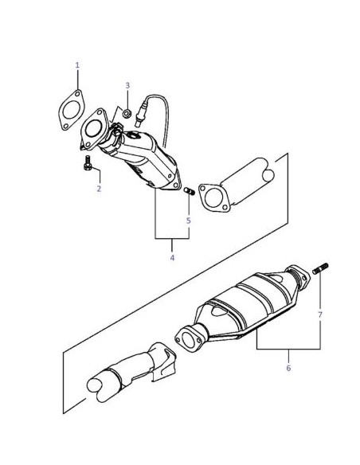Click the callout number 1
coord(77,65)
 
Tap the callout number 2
coord(99,189)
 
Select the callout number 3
coord(127,85)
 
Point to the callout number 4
coord(172,258)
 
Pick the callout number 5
coord(188,221)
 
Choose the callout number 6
coord(288,368)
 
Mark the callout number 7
coord(320,315)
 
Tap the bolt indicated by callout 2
coord(88,162)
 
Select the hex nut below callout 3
coord(127,113)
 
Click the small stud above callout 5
coord(190,191)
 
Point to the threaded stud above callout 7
coord(320,268)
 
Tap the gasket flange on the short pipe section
coord(214,197)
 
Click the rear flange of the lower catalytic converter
coord(299,276)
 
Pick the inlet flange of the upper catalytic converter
coord(94,129)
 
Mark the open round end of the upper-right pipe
coord(268,175)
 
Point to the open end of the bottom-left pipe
coord(94,385)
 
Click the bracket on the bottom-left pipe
coord(163,361)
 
